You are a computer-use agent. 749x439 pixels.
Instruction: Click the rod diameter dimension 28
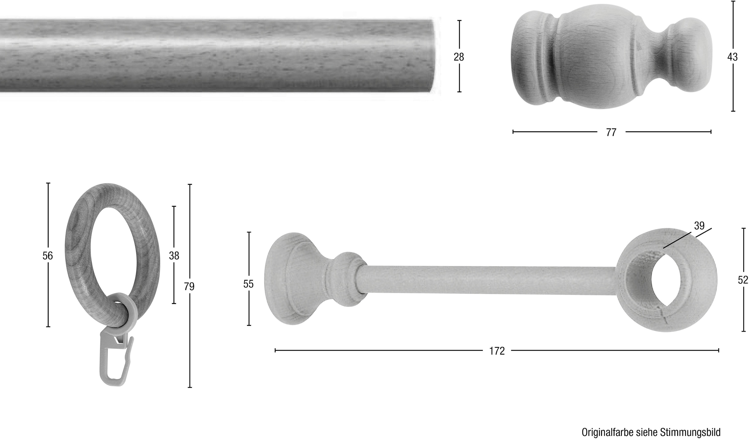tap(459, 57)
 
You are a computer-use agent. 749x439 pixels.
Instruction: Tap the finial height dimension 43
tap(732, 57)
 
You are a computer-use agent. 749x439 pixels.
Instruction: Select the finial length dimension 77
tap(611, 133)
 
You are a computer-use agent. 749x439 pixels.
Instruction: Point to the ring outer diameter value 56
tap(47, 256)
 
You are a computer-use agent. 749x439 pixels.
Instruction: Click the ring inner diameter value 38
tap(174, 256)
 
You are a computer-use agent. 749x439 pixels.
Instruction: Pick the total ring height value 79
tap(189, 286)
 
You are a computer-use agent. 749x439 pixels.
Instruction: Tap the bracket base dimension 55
tap(248, 284)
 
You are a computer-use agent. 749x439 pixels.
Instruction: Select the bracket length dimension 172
tap(497, 351)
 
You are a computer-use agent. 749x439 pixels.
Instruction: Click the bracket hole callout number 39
tap(699, 225)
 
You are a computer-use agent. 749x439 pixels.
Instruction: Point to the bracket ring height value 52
tap(743, 280)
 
